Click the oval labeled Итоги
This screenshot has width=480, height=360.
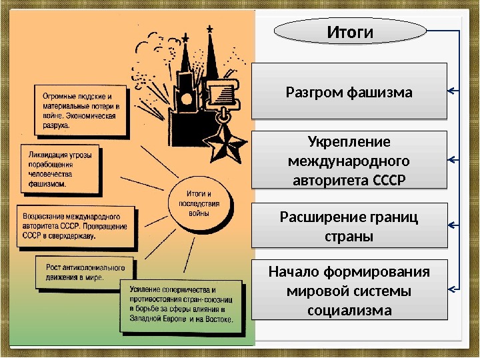(x=349, y=31)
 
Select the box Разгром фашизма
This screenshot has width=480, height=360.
(x=349, y=91)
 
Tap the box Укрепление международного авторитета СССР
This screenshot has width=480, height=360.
(x=349, y=161)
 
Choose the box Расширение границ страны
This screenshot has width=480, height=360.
(x=349, y=226)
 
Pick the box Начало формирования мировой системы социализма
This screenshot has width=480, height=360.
(x=349, y=291)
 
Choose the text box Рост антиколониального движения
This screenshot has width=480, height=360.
(x=83, y=272)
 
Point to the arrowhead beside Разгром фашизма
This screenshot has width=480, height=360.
(x=451, y=91)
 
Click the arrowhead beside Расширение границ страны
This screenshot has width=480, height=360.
(x=451, y=226)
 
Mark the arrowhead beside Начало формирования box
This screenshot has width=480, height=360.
(x=451, y=289)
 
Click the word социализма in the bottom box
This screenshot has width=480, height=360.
(x=349, y=310)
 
